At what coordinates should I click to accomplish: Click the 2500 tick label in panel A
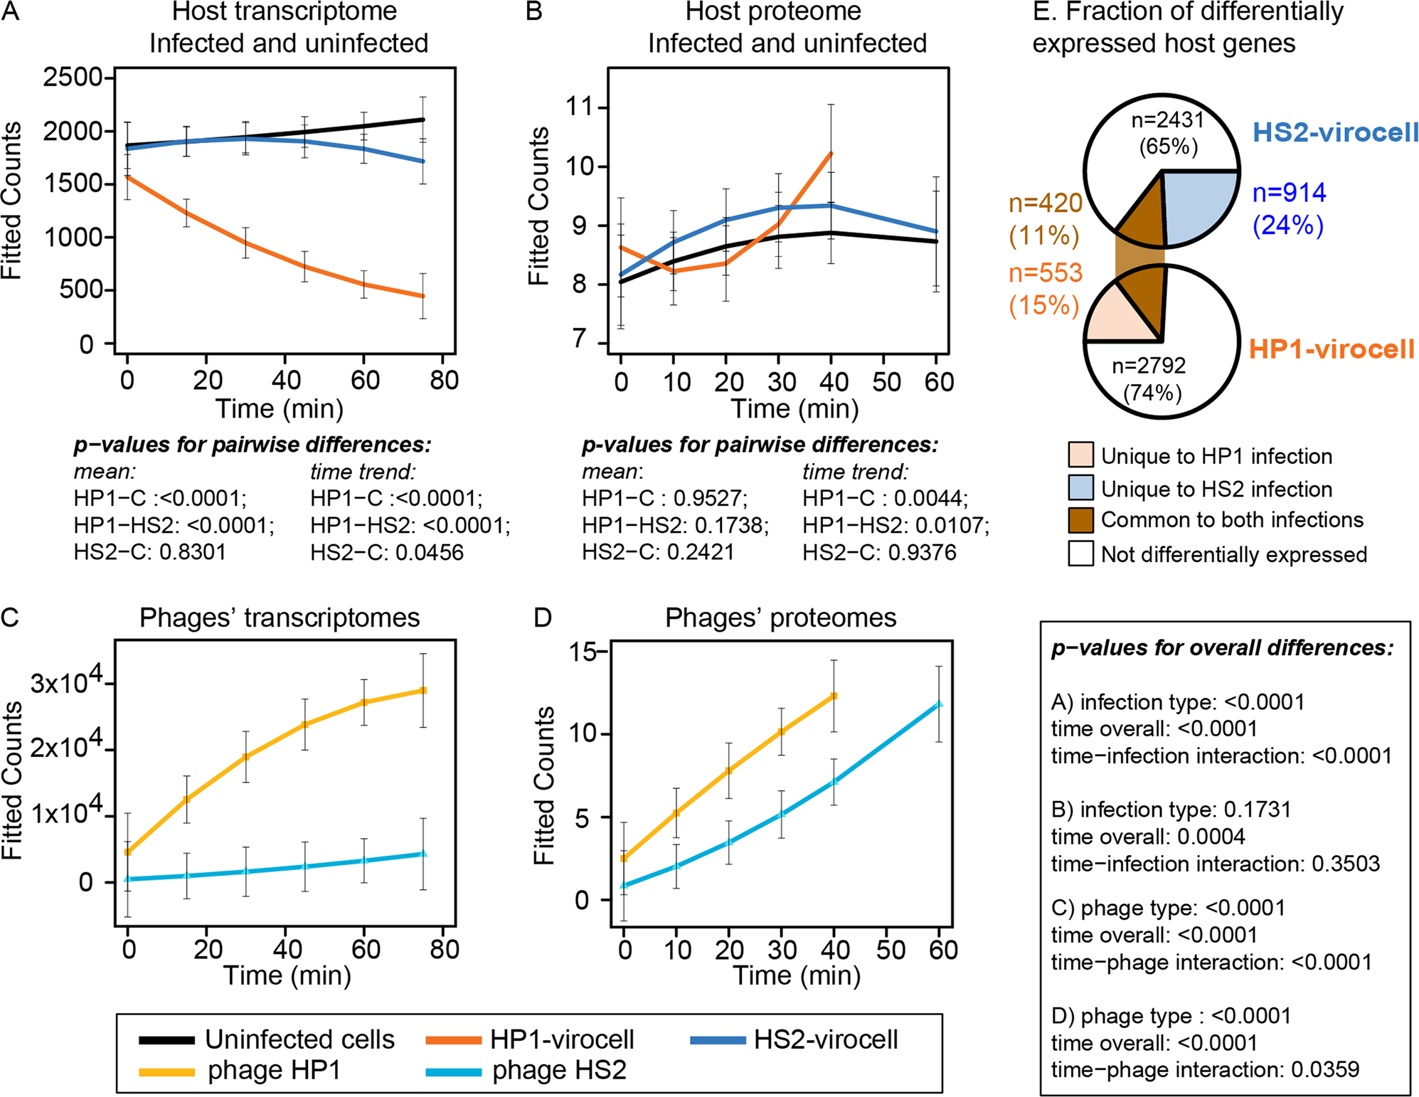(73, 78)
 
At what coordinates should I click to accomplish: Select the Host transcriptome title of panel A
(285, 12)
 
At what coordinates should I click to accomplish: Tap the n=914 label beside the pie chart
(1289, 193)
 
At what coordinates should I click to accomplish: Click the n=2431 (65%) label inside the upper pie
(1167, 132)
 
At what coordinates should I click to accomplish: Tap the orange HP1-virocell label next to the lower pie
(1332, 349)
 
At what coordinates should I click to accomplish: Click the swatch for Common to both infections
(1080, 520)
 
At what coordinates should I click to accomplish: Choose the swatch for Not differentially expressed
(1080, 553)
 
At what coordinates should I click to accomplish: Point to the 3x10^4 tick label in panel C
(68, 681)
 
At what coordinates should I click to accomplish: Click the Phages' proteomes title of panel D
(780, 618)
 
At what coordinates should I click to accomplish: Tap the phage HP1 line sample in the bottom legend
(167, 1071)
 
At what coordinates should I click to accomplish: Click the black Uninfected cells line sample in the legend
(167, 1040)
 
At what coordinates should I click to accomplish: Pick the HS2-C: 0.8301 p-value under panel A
(149, 552)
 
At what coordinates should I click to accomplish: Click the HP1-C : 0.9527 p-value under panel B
(664, 499)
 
